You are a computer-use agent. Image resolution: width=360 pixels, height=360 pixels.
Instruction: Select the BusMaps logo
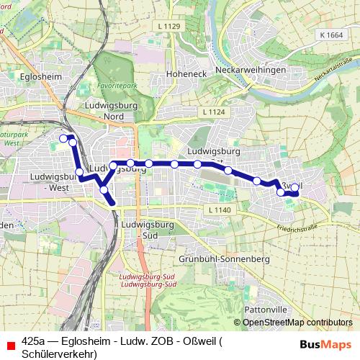pos(326,343)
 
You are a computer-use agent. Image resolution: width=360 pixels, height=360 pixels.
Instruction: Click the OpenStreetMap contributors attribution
pos(297,322)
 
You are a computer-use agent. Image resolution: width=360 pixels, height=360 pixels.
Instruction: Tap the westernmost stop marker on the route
pos(63,138)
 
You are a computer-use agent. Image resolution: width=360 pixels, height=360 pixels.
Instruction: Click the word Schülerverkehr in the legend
pos(59,354)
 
